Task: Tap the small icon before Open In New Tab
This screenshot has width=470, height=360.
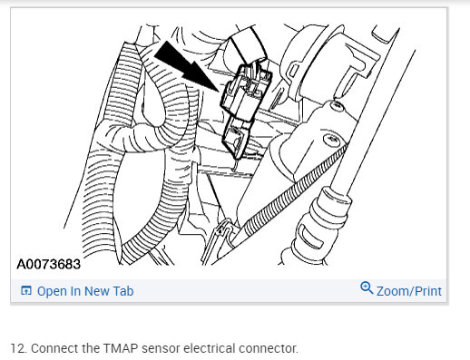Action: tap(25, 291)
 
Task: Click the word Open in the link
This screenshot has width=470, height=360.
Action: tap(52, 291)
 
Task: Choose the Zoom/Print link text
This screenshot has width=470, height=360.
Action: tap(409, 291)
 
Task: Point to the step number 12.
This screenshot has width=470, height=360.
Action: tap(16, 348)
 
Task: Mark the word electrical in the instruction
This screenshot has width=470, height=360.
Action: tap(208, 348)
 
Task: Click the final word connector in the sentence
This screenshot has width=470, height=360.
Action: tap(268, 348)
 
